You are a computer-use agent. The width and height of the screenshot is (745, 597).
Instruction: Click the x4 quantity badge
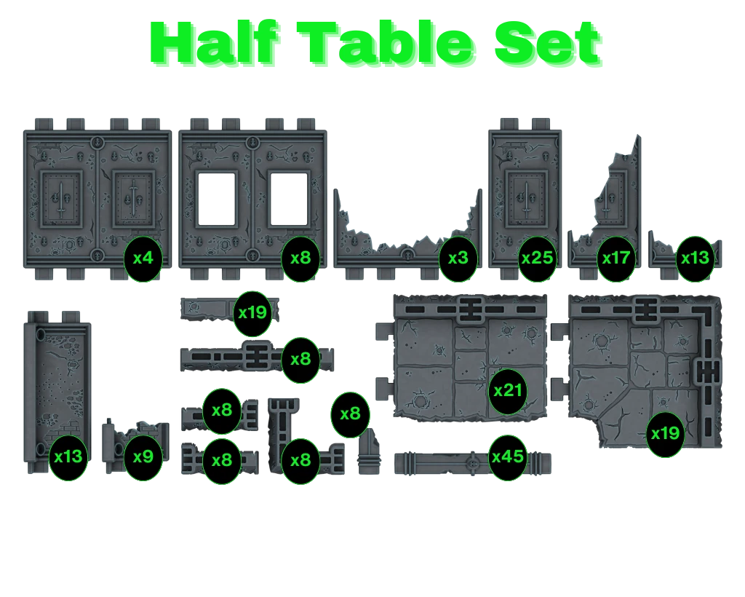click(143, 258)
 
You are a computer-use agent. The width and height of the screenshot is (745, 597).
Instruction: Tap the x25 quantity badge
click(538, 258)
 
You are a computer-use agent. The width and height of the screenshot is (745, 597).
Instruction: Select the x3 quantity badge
click(458, 258)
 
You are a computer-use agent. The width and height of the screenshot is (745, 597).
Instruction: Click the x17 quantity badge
click(615, 258)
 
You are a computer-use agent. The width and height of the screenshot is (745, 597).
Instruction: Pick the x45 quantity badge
click(507, 457)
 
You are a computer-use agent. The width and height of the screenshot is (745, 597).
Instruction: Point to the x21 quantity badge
click(507, 391)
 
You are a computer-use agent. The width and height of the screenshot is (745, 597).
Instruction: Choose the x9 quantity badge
click(143, 458)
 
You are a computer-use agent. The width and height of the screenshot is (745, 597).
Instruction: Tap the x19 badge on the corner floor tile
click(665, 435)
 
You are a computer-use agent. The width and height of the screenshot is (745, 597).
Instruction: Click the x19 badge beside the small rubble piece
click(252, 313)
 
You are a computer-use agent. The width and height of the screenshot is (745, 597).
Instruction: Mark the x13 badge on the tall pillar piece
click(69, 458)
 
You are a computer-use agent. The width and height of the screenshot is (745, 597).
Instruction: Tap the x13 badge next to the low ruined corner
click(695, 258)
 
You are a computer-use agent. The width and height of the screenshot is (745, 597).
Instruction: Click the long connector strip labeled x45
click(437, 462)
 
